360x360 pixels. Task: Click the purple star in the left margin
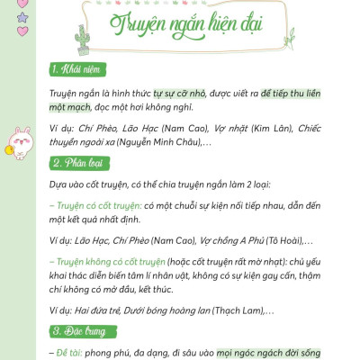(x=22, y=16)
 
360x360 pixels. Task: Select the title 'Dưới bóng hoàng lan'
(x=163, y=309)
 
